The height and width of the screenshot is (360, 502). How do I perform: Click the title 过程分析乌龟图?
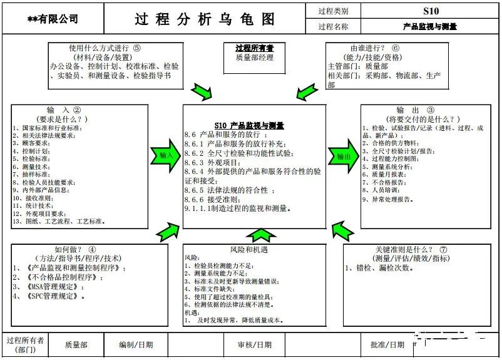tap(205, 19)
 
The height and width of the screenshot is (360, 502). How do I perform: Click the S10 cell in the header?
tap(431, 11)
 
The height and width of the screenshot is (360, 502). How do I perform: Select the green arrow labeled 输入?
tap(165, 155)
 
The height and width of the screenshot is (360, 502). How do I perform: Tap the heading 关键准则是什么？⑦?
tap(411, 249)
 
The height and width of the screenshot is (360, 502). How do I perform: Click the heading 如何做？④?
tap(75, 249)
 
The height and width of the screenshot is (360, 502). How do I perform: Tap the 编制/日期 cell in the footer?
tap(136, 344)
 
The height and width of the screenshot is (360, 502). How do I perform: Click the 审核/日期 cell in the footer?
tap(254, 344)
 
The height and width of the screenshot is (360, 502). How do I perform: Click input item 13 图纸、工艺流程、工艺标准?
tap(59, 221)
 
